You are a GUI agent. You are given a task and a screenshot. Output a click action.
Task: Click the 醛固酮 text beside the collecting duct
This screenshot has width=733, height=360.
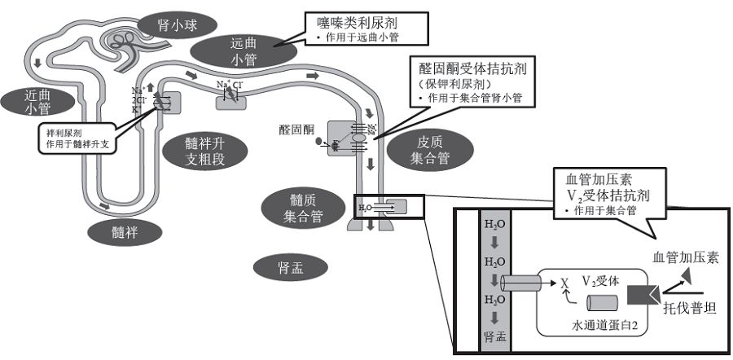[296, 130]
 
